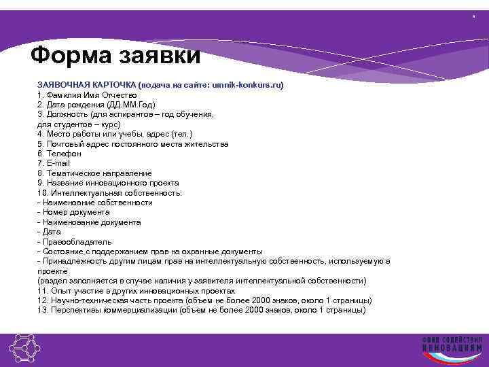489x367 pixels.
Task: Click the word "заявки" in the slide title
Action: click(162, 54)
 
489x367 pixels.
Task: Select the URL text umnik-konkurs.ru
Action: click(247, 86)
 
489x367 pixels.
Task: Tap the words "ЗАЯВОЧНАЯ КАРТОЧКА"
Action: click(86, 86)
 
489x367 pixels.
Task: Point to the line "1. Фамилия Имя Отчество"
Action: click(87, 95)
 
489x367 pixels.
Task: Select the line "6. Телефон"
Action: click(59, 154)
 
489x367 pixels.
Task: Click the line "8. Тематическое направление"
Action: click(94, 173)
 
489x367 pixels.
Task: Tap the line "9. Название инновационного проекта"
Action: click(108, 183)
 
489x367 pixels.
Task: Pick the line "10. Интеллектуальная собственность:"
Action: click(110, 193)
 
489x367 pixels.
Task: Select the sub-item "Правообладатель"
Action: click(77, 242)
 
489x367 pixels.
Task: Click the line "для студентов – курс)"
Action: click(79, 124)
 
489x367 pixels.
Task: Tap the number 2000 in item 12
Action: click(264, 300)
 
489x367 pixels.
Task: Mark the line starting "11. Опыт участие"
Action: click(137, 290)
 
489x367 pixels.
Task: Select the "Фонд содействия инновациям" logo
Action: click(451, 348)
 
